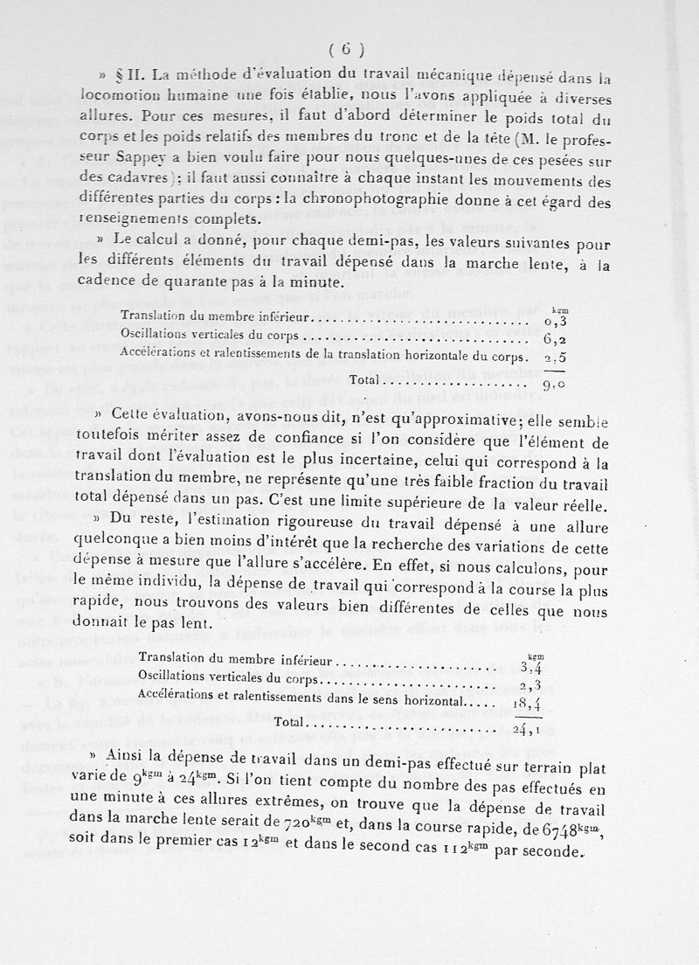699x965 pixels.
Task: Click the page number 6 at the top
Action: [346, 49]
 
